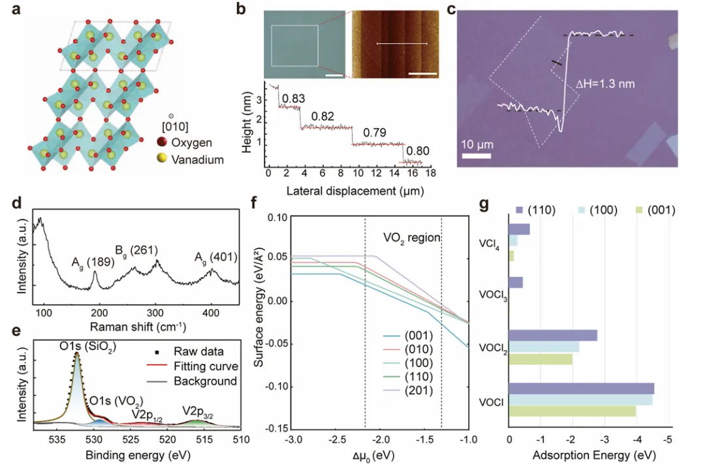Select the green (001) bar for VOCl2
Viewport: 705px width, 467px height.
coord(540,359)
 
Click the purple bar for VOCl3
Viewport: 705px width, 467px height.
coord(516,282)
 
